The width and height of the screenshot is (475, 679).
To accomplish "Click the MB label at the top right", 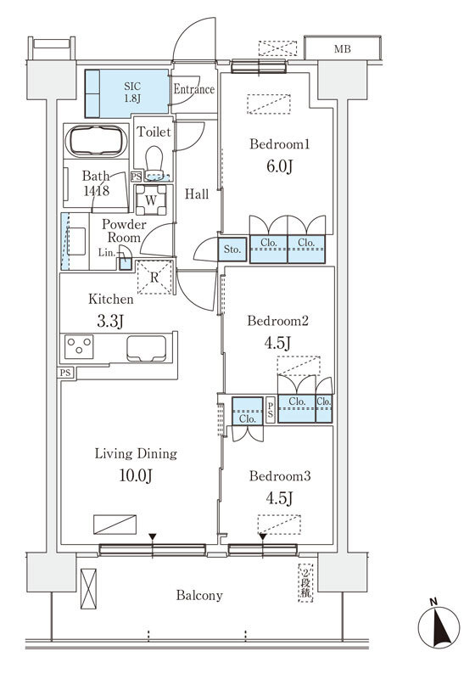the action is (342, 49).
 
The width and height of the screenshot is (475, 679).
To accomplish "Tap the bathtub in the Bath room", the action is (96, 140).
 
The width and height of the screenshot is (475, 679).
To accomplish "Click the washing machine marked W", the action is (151, 199).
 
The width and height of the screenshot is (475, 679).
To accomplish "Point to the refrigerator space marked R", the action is (154, 278).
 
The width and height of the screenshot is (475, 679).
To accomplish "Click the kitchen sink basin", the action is (146, 348).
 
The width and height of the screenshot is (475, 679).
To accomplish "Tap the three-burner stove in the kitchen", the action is (79, 347).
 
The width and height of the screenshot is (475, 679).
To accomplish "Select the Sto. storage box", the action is (232, 250).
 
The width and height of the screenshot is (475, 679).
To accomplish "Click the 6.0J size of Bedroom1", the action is (279, 166).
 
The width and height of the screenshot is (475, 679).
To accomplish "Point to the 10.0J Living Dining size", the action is (136, 475).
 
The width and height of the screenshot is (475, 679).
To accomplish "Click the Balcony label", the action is (199, 596).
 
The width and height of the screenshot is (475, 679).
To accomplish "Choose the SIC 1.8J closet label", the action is (132, 93).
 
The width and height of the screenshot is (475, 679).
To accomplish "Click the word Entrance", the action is (194, 89).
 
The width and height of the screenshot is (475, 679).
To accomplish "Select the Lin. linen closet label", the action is (106, 252).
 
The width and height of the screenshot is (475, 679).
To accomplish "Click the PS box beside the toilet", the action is (137, 177).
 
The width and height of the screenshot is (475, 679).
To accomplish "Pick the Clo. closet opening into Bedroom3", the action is (248, 412).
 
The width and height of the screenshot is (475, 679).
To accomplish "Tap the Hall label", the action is (197, 194).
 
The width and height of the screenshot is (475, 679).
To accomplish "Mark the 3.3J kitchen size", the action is (110, 321).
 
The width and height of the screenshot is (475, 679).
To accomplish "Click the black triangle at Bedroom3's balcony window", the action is (263, 537).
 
